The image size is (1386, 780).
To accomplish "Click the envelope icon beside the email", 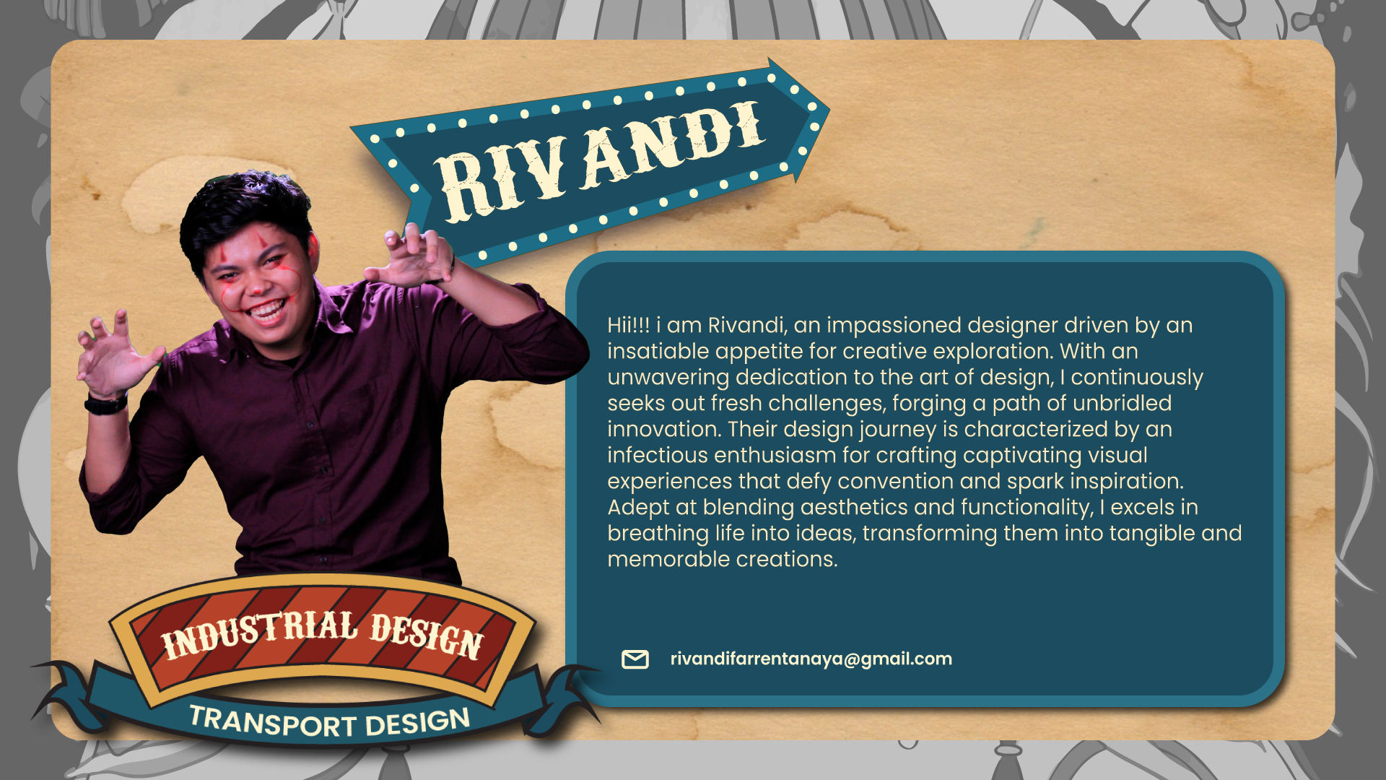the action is pyautogui.click(x=635, y=659).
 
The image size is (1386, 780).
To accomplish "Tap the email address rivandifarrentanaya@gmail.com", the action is pyautogui.click(x=811, y=659).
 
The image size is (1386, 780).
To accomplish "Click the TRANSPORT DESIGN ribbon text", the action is pyautogui.click(x=330, y=722).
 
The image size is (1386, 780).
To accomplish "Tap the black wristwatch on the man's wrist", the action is pyautogui.click(x=106, y=403).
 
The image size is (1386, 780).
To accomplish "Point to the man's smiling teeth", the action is pyautogui.click(x=266, y=312).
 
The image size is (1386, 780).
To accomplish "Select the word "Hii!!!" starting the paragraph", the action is pyautogui.click(x=629, y=325).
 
